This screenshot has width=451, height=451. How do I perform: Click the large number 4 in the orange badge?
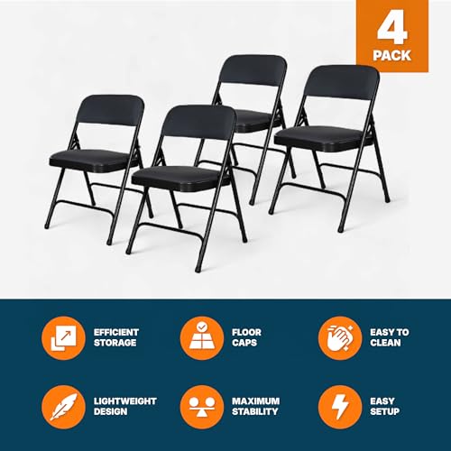click(392, 31)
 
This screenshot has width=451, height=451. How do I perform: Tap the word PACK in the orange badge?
click(392, 56)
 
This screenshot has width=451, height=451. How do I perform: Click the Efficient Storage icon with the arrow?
click(63, 338)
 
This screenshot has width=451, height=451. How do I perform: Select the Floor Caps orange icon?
click(202, 338)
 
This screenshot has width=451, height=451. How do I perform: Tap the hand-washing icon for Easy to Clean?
click(340, 338)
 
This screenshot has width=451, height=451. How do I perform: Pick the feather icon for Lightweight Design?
click(63, 407)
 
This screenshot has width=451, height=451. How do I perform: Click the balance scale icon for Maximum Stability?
click(202, 407)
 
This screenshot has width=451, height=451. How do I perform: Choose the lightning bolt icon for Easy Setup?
click(340, 407)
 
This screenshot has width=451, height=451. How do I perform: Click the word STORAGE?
click(115, 343)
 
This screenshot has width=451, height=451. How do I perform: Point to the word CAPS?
click(244, 343)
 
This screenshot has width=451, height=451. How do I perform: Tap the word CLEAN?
click(385, 343)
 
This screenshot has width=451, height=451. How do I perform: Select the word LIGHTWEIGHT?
click(125, 401)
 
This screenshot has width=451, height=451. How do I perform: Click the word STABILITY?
click(255, 411)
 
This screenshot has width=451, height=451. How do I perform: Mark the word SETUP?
click(385, 411)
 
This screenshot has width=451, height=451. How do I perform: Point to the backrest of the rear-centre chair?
click(253, 70)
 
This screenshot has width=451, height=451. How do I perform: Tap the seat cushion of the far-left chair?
click(91, 160)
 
